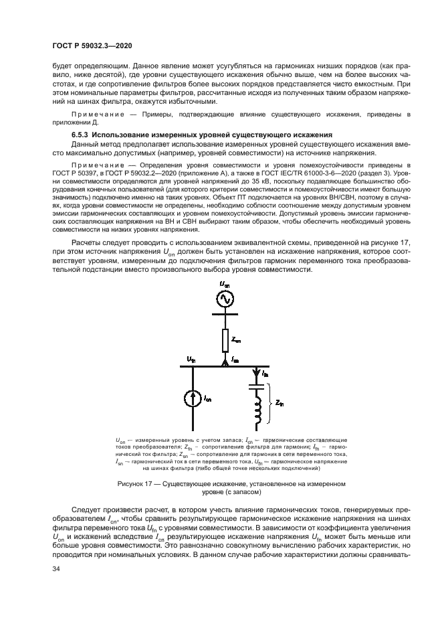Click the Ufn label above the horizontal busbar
pos(191,360)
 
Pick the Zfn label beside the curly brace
pos(280,404)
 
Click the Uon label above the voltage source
pos(225,283)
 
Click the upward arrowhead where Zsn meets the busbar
pos(225,363)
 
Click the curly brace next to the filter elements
pos(270,404)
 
